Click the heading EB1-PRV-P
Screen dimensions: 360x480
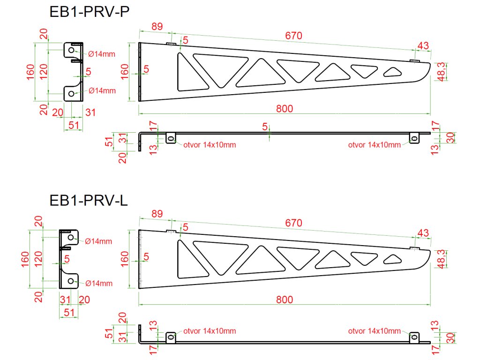(89, 12)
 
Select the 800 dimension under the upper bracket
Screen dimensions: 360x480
(285, 109)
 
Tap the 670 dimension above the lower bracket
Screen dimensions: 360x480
(294, 223)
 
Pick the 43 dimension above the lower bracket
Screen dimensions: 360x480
(423, 233)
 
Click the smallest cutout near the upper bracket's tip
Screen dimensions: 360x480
(393, 72)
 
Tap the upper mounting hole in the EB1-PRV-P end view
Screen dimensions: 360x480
(71, 50)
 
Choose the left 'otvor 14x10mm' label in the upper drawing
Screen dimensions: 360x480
(209, 145)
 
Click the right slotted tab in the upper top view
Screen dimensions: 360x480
(414, 138)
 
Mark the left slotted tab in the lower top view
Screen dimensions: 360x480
(171, 337)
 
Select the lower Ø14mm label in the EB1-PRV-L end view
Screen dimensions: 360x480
(98, 283)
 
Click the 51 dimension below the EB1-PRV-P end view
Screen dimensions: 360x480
(73, 125)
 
